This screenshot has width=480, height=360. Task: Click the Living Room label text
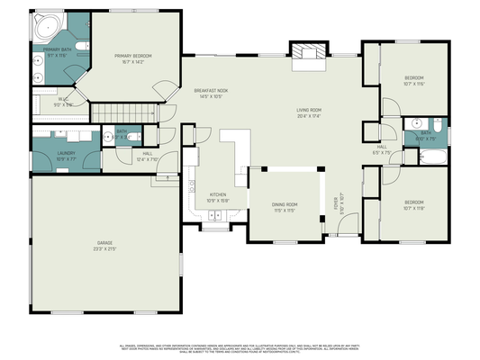coord(309,111)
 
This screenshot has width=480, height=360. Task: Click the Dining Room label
coord(285,204)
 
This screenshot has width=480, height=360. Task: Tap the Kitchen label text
coord(219,194)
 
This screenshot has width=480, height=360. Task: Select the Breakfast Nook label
coord(210,91)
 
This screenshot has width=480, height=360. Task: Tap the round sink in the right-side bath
coord(416,122)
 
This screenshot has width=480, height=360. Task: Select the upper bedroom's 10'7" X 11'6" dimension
coord(413,85)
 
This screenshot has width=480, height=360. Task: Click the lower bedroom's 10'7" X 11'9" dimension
coord(413,207)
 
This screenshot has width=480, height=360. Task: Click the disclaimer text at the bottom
coord(240,346)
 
